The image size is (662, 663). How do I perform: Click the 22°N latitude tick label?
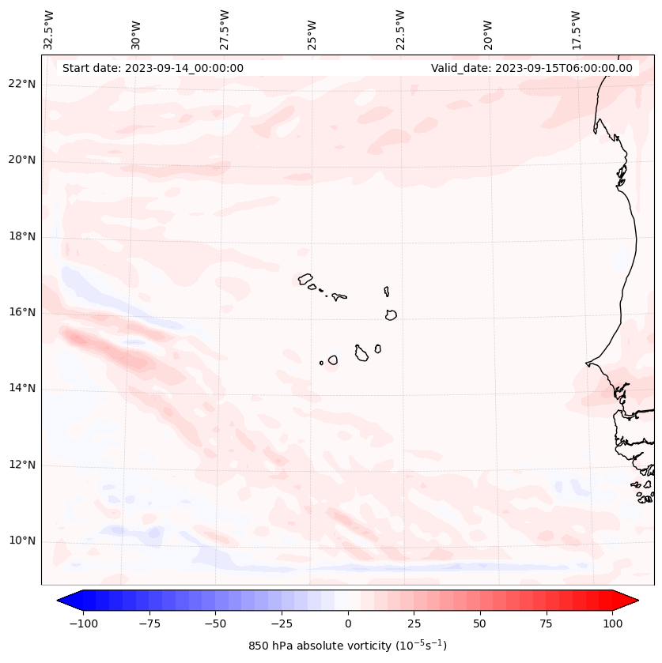click(x=22, y=84)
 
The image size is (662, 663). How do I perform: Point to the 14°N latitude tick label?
click(x=22, y=388)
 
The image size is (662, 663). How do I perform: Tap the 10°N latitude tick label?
click(x=22, y=541)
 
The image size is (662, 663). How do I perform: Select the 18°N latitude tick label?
click(x=22, y=236)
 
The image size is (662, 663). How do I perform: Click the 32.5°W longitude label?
click(x=49, y=30)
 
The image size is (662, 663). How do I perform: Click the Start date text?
click(x=153, y=68)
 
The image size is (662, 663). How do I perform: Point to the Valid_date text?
click(x=531, y=68)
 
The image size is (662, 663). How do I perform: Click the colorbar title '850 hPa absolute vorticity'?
click(x=347, y=646)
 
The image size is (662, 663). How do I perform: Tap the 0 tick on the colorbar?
click(x=347, y=623)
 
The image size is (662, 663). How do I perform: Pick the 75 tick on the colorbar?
click(x=546, y=623)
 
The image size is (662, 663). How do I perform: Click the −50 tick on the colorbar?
click(x=215, y=623)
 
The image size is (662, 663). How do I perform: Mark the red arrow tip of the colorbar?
click(x=637, y=601)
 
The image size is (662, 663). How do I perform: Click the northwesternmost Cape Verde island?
click(x=305, y=279)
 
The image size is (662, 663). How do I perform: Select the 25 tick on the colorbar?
click(x=414, y=623)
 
